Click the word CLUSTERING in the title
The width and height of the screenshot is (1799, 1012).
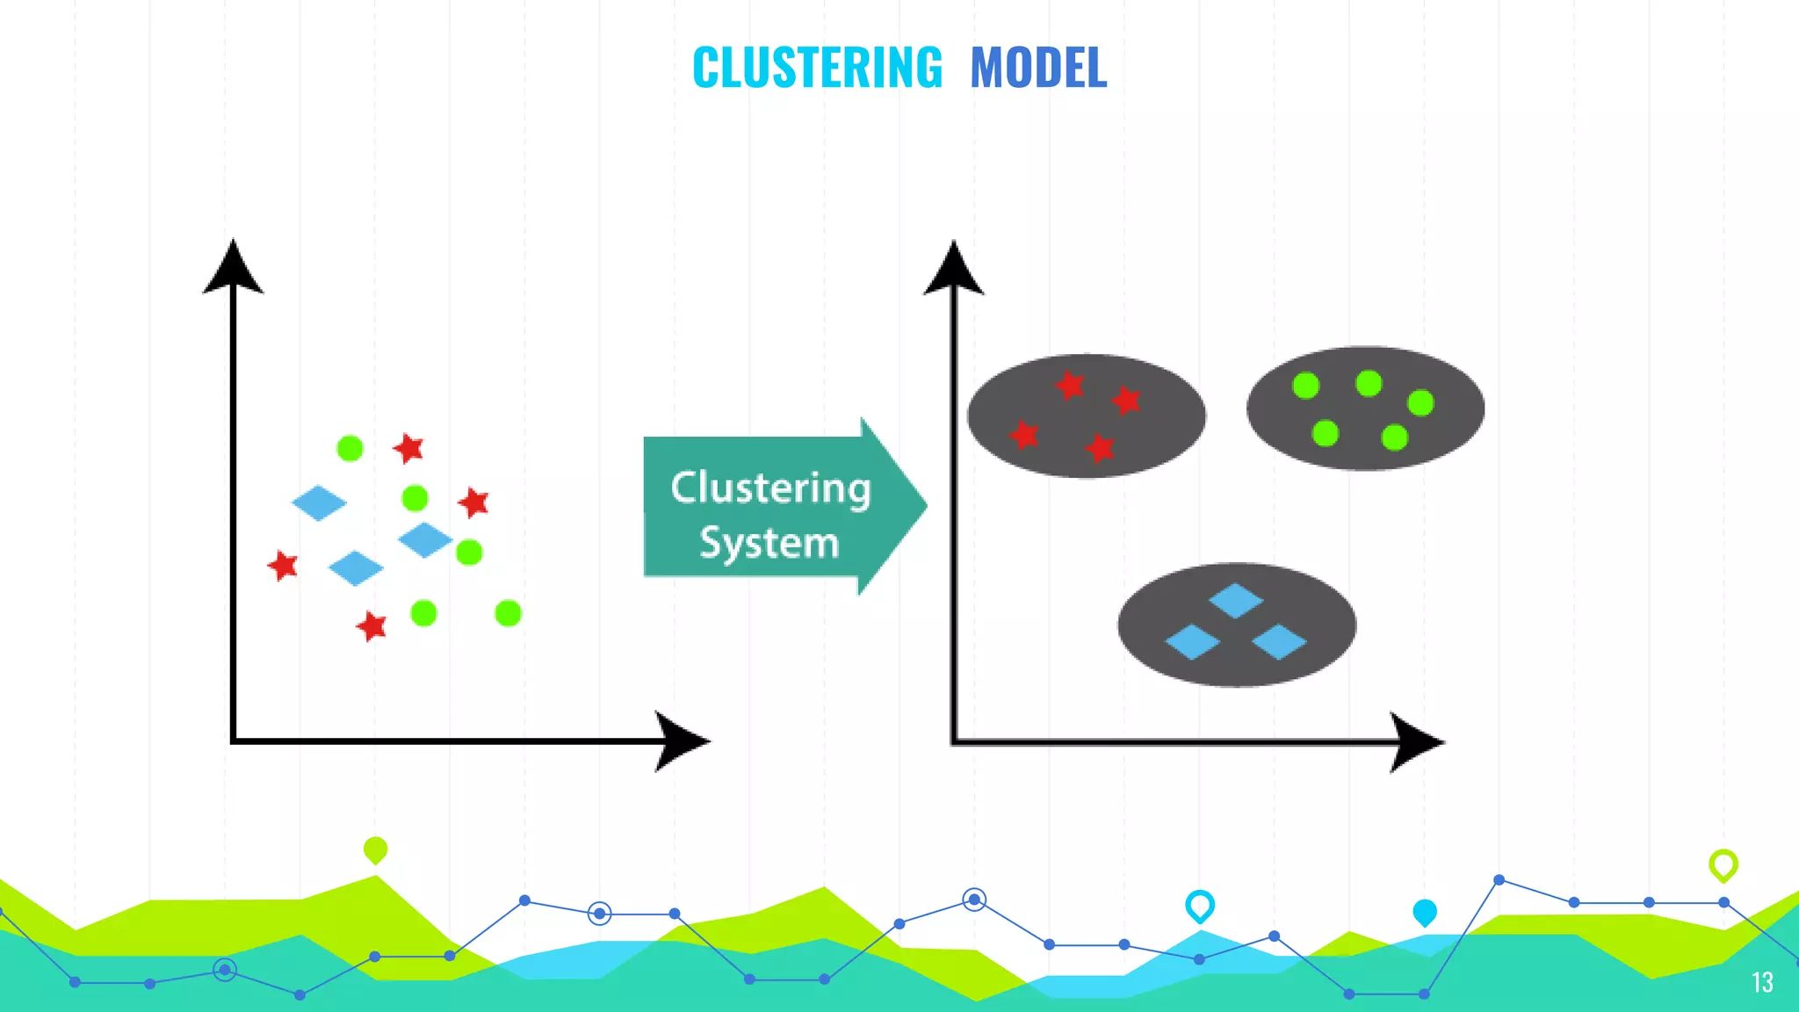(817, 68)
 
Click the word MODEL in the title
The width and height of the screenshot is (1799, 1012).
(1038, 68)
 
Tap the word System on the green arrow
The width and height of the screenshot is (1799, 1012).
(769, 543)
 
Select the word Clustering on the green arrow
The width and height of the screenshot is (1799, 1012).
(770, 488)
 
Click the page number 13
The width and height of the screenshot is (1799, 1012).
(1761, 982)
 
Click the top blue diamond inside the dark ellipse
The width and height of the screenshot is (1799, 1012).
(1236, 601)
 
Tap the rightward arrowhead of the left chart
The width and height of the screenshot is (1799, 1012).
(681, 741)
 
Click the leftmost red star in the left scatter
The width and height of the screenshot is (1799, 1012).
(283, 565)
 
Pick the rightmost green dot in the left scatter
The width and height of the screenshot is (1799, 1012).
(508, 613)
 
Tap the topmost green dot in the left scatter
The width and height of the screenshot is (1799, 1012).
(350, 448)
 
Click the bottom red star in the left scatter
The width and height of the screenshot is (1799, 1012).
(372, 626)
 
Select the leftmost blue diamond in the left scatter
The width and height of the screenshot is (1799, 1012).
(319, 503)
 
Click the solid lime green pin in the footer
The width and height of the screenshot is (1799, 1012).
(375, 849)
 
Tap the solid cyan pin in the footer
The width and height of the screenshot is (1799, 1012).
(1424, 912)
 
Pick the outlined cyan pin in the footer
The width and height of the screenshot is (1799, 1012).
(1199, 905)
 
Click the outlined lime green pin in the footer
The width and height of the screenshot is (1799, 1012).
(1723, 864)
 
